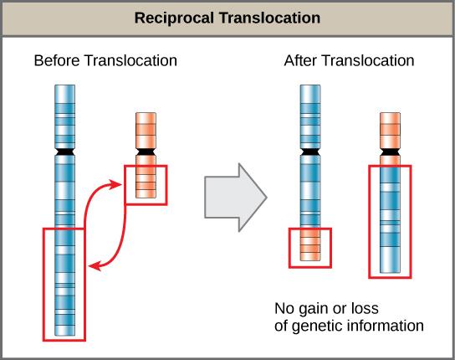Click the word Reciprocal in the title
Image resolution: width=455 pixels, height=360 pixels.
point(177,17)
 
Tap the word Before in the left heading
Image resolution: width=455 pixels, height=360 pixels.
point(55,61)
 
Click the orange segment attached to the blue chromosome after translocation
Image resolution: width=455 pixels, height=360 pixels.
point(310,247)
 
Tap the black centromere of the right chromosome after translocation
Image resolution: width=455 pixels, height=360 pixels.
point(390,154)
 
